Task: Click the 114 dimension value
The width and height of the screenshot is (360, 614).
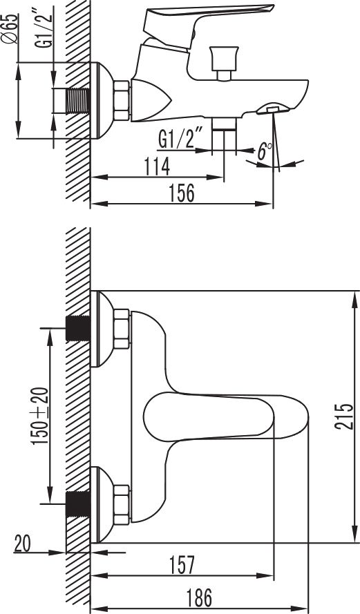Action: [x=157, y=167]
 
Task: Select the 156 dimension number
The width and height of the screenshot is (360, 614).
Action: [x=181, y=193]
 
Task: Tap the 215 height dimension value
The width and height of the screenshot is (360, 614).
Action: [x=344, y=416]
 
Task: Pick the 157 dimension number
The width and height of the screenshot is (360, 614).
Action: [x=182, y=565]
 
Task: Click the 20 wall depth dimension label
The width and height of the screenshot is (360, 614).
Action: [x=22, y=544]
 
